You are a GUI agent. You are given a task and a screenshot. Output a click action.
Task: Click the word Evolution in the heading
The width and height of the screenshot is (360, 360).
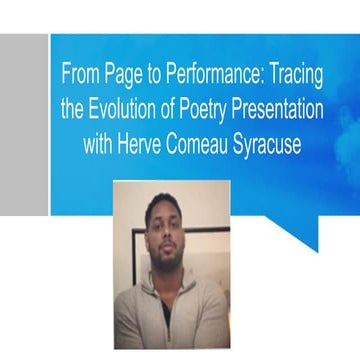[127, 110]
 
